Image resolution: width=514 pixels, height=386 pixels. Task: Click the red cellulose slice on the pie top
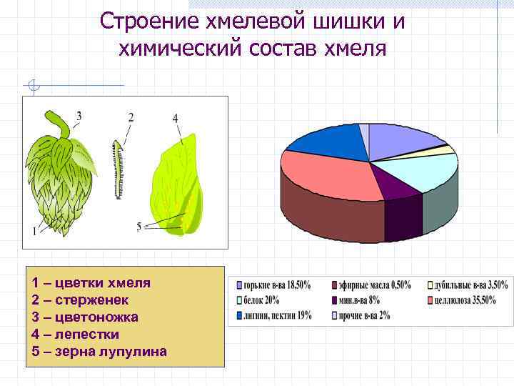(x=328, y=175)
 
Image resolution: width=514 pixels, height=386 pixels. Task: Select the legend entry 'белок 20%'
(x=261, y=300)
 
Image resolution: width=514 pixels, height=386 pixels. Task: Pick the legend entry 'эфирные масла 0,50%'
(x=371, y=284)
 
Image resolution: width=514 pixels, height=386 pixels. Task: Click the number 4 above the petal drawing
(x=175, y=117)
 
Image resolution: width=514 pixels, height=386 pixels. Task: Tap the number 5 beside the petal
(x=138, y=226)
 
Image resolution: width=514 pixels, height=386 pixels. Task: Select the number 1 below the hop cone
(x=34, y=230)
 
